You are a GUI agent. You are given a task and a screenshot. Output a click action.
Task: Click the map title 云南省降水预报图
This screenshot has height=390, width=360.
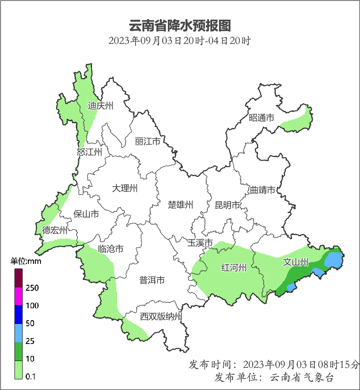pyautogui.click(x=179, y=26)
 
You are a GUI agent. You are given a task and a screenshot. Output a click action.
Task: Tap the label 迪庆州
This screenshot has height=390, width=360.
pyautogui.click(x=101, y=106)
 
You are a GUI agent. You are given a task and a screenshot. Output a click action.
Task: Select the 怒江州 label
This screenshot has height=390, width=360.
pyautogui.click(x=89, y=152)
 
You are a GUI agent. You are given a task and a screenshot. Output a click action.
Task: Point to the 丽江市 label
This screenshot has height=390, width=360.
pyautogui.click(x=147, y=141)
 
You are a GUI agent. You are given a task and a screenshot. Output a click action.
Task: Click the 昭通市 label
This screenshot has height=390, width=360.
pyautogui.click(x=262, y=118)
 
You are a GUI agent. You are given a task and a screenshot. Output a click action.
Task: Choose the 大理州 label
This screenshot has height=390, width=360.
pyautogui.click(x=125, y=188)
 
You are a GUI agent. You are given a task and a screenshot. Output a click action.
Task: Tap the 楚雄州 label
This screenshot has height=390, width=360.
pyautogui.click(x=181, y=205)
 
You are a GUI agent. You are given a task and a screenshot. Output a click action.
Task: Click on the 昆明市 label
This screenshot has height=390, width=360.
pyautogui.click(x=228, y=205)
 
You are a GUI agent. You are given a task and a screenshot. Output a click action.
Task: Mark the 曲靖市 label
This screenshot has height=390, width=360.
pyautogui.click(x=262, y=190)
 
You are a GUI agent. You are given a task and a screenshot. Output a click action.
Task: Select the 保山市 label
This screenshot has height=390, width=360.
pyautogui.click(x=86, y=214)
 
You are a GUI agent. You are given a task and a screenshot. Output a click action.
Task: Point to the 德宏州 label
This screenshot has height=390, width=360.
pyautogui.click(x=55, y=231)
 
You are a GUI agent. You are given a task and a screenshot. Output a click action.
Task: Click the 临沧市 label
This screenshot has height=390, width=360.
pyautogui.click(x=111, y=249)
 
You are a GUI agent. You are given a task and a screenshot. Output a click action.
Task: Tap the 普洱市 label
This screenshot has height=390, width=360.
pyautogui.click(x=152, y=280)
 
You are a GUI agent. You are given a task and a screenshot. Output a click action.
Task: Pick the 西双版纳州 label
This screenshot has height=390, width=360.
pyautogui.click(x=161, y=317)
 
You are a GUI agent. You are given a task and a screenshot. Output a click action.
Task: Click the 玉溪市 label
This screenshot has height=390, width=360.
pyautogui.click(x=200, y=243)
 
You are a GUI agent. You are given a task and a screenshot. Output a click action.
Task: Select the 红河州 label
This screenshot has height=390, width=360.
pyautogui.click(x=234, y=268)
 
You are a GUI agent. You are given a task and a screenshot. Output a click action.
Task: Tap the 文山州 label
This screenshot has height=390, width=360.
pyautogui.click(x=296, y=262)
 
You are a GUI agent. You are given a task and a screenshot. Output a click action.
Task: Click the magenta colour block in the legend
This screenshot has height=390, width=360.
pyautogui.click(x=18, y=296)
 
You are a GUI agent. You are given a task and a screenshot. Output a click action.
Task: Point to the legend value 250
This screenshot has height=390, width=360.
pyautogui.click(x=32, y=288)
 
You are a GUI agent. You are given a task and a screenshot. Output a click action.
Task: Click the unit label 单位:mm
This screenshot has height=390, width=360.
pyautogui.click(x=26, y=261)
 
